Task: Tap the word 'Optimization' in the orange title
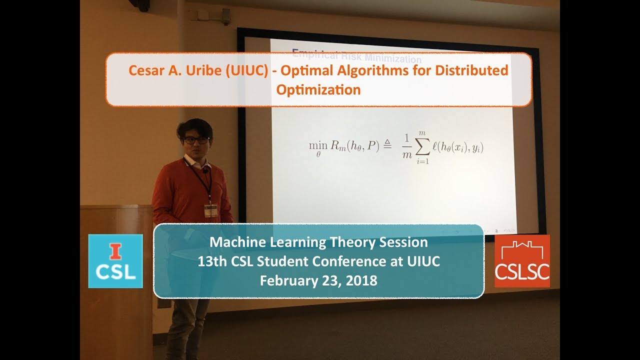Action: point(318,90)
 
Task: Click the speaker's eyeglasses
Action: point(195,139)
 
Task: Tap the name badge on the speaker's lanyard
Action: point(211,210)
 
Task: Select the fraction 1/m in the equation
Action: point(406,147)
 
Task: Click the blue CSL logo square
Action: point(115,261)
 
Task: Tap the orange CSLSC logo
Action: point(522,261)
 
